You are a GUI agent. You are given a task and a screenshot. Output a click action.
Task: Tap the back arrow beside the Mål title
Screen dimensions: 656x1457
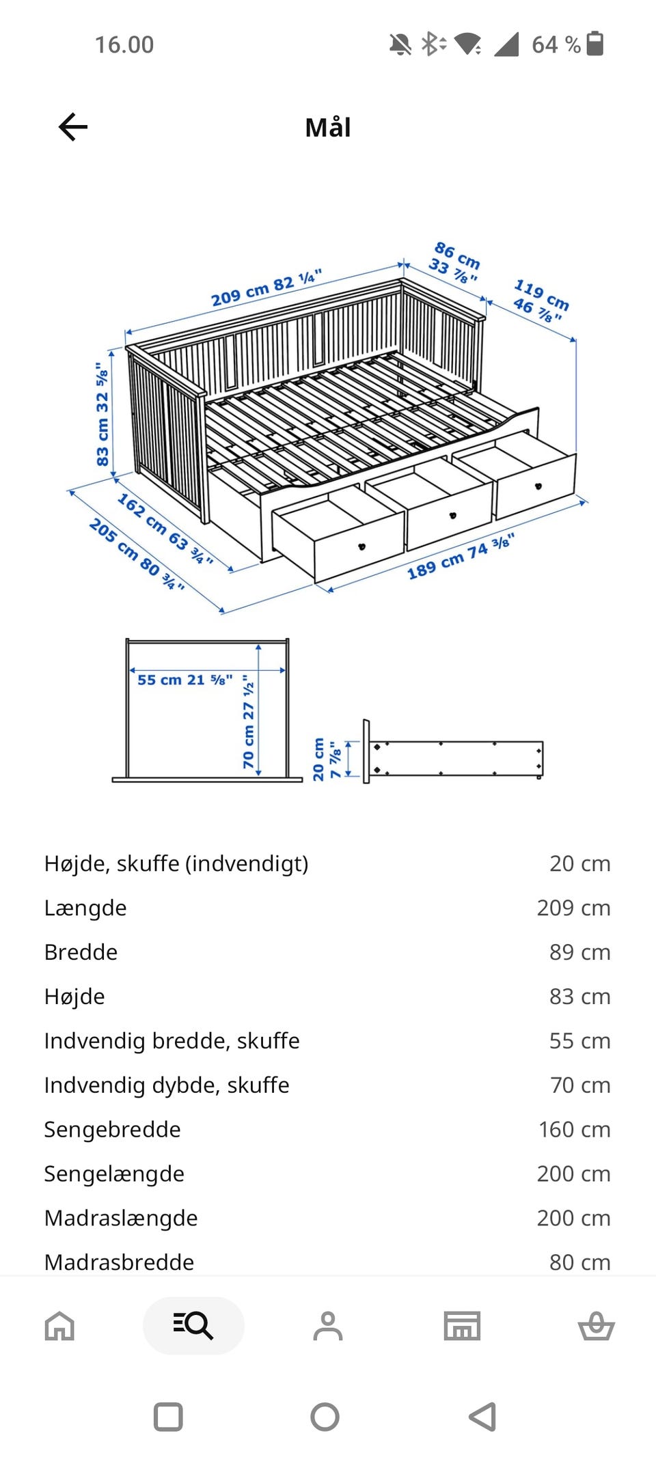pyautogui.click(x=73, y=127)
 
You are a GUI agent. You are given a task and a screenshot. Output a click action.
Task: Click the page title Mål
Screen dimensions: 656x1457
pyautogui.click(x=328, y=127)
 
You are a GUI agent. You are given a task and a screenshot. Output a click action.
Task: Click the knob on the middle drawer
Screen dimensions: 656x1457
pyautogui.click(x=452, y=516)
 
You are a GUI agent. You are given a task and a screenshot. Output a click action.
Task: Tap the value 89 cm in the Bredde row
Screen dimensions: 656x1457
pyautogui.click(x=579, y=952)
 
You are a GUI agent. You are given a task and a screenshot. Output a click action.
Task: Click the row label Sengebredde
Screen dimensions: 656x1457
pyautogui.click(x=112, y=1129)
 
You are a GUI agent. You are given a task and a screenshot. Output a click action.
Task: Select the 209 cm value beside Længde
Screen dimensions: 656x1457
pyautogui.click(x=573, y=908)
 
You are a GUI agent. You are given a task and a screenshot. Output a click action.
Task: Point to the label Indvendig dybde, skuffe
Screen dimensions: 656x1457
pyautogui.click(x=167, y=1085)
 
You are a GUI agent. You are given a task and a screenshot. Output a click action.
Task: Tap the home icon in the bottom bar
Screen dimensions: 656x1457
pyautogui.click(x=59, y=1326)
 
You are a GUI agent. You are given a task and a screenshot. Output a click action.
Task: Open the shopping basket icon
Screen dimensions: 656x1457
pyautogui.click(x=597, y=1326)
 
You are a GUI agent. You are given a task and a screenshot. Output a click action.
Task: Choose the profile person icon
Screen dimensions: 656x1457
pyautogui.click(x=328, y=1326)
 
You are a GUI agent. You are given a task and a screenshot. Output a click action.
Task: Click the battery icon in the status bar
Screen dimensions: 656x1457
pyautogui.click(x=595, y=44)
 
